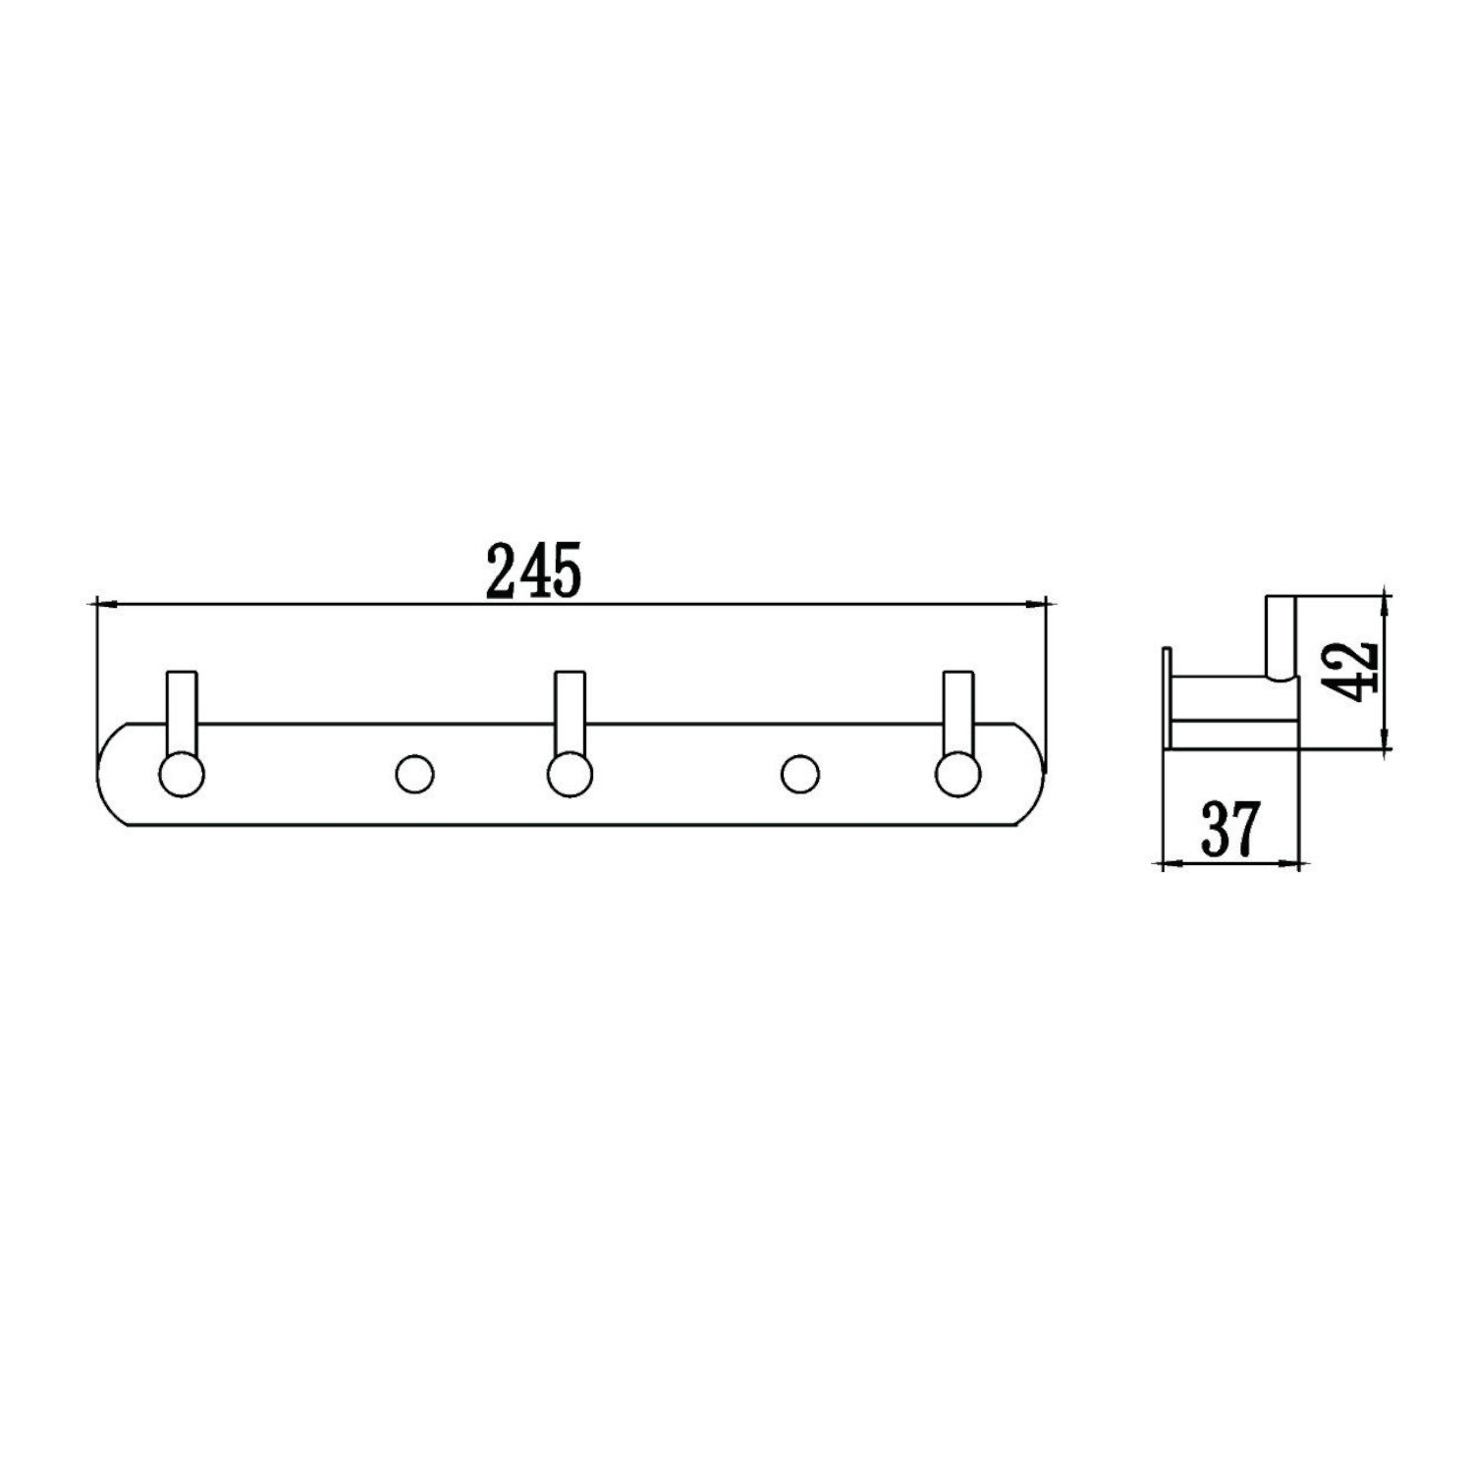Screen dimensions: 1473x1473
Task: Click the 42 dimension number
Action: pos(1357,671)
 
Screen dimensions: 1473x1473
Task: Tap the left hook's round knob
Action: pos(182,774)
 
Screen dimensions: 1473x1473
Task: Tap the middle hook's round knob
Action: pos(570,774)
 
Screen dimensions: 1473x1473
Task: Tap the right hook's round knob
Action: pos(957,774)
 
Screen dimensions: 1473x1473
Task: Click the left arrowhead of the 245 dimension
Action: pos(98,604)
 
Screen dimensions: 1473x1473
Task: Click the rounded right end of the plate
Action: pos(1033,774)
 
